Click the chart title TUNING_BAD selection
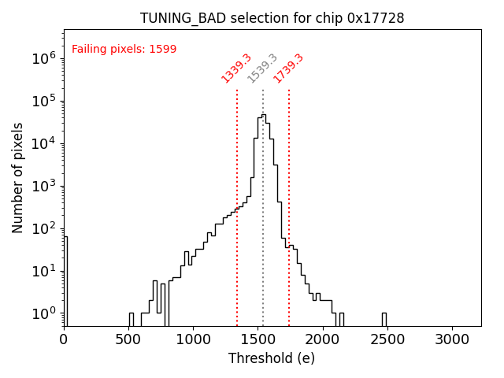pos(272,18)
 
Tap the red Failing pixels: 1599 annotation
pos(124,50)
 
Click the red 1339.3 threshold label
pos(235,69)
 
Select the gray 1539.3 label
pos(262,69)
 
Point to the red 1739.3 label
pos(288,69)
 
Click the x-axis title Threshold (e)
pos(272,359)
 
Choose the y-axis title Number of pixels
pos(18,177)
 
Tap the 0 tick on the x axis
pos(64,339)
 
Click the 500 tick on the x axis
pos(128,339)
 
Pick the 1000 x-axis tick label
pos(194,339)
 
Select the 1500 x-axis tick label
pos(258,339)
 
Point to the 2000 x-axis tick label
pos(323,339)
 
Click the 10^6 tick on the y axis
pos(43,58)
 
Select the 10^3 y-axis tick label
pos(43,186)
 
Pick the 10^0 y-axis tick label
pos(43,313)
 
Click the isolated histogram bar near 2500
pos(384,319)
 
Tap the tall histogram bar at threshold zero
pos(65,280)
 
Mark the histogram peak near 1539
pos(263,116)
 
